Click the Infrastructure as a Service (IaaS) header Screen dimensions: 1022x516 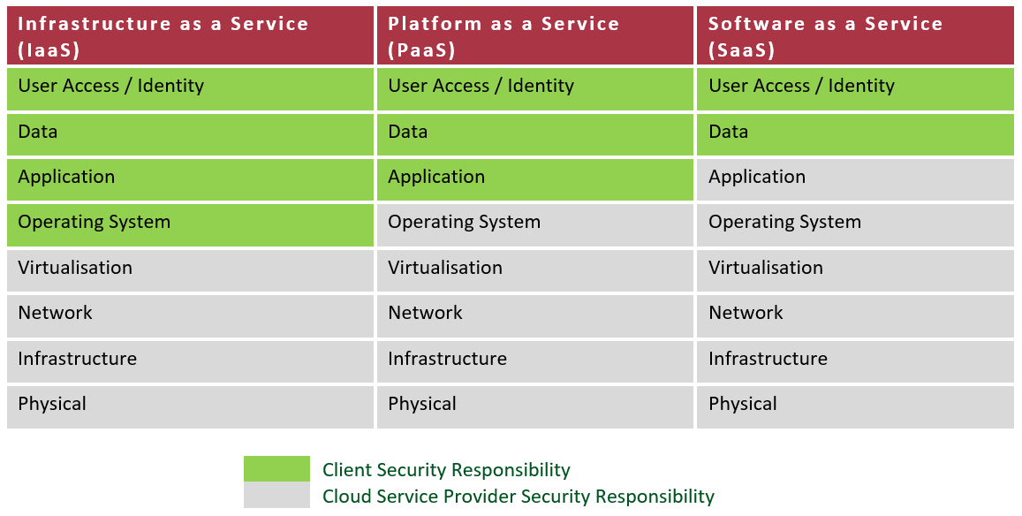pos(190,36)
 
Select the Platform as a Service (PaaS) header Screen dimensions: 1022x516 pos(535,36)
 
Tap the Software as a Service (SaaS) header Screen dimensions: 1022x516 pos(855,36)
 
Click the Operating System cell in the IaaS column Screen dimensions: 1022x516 pos(190,225)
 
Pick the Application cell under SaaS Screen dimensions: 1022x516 pos(855,179)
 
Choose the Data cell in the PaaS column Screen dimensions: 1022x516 pos(535,134)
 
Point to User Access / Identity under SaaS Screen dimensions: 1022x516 pos(855,88)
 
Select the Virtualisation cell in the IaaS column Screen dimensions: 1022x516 pos(190,270)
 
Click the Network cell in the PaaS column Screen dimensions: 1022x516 pos(535,315)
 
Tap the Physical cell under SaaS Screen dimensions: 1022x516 pos(855,407)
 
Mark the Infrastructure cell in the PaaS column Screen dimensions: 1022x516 pos(535,361)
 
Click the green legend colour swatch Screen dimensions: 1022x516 pos(277,468)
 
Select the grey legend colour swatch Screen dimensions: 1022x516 pos(277,495)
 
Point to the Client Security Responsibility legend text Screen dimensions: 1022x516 pos(446,470)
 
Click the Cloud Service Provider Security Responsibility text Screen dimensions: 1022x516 pos(519,497)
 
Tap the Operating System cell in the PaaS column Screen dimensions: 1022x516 pos(535,225)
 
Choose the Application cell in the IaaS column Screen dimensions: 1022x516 pos(190,179)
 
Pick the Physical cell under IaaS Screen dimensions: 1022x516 pos(190,407)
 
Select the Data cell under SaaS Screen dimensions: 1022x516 pos(855,134)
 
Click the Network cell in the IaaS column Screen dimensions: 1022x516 pos(190,315)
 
